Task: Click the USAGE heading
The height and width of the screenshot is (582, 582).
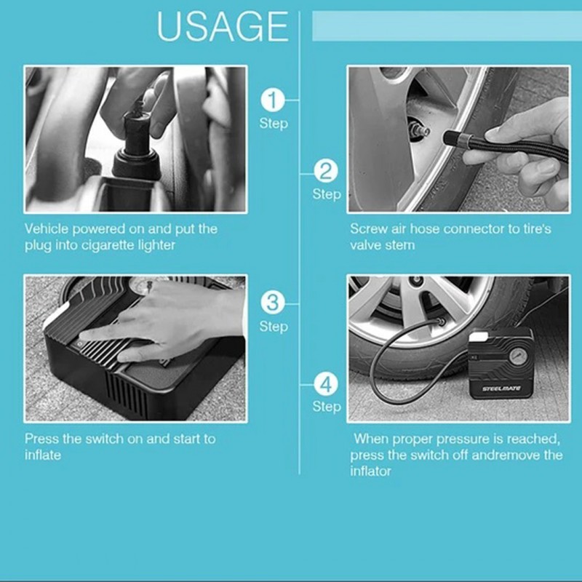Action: tap(223, 26)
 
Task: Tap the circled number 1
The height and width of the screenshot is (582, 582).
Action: tap(273, 100)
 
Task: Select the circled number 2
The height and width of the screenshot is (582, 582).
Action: tap(326, 171)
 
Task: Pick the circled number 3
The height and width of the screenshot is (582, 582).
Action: tap(273, 303)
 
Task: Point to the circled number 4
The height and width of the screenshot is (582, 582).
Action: tap(326, 384)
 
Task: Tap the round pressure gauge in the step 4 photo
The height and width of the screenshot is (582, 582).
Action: tap(517, 356)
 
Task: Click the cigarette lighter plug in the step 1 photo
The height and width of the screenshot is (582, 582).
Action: tap(137, 140)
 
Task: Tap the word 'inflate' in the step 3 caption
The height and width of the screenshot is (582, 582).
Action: tap(43, 455)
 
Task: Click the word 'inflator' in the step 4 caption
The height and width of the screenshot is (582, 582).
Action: tap(370, 471)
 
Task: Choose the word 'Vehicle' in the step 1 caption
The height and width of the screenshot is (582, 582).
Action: tap(47, 228)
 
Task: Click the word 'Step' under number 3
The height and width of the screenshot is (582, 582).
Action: tap(274, 327)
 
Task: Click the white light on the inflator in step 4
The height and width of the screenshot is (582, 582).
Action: tap(479, 337)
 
